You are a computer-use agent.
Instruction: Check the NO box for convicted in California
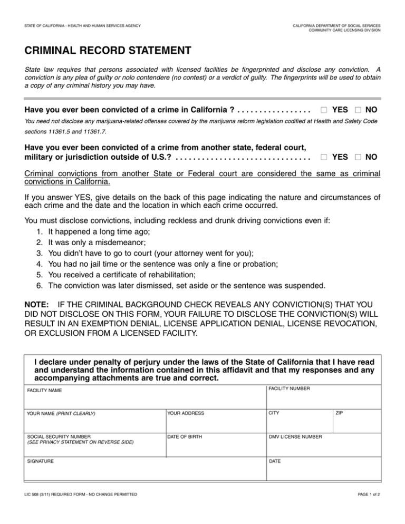[x=358, y=111]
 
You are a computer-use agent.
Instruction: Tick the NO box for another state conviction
[x=358, y=157]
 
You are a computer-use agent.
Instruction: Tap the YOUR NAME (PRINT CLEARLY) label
[x=61, y=413]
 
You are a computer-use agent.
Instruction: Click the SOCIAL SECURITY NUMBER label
[x=59, y=436]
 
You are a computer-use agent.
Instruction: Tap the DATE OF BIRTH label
[x=184, y=436]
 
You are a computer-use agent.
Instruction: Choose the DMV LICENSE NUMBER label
[x=296, y=436]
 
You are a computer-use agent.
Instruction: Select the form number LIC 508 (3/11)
[x=44, y=494]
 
